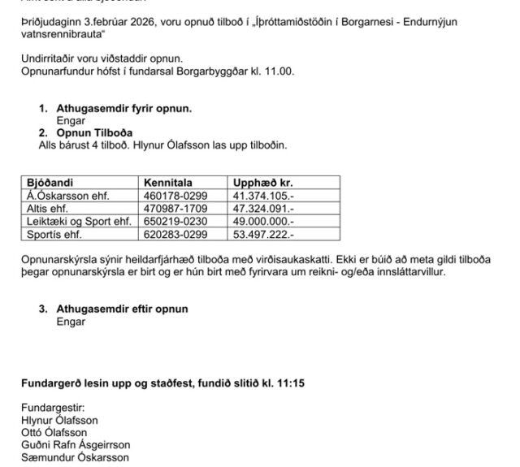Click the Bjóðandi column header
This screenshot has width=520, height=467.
point(49,183)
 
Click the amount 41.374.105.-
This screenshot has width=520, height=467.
point(264,196)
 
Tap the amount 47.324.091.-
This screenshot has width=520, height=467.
point(264,208)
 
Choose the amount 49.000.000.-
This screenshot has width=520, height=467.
point(264,221)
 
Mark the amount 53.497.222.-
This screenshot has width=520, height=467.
point(264,234)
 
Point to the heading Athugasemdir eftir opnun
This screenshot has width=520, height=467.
point(122,309)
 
